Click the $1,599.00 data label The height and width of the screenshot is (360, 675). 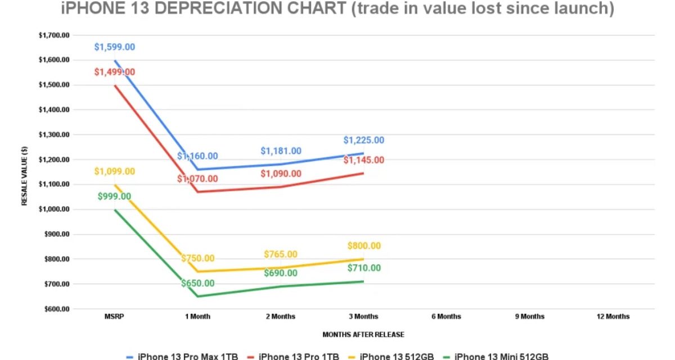point(114,47)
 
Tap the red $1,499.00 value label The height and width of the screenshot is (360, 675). point(114,72)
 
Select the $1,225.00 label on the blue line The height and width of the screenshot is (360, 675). point(363,141)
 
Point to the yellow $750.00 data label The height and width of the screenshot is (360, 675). point(197,258)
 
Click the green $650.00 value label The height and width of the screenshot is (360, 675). point(197,283)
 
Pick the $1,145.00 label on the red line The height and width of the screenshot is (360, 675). point(363,160)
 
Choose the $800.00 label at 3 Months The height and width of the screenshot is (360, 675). point(363,246)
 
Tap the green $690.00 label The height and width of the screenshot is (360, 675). point(281,273)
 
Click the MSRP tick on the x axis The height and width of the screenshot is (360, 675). point(114,317)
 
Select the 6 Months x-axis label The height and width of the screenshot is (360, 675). point(446,317)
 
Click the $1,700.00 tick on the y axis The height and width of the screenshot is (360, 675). point(53,35)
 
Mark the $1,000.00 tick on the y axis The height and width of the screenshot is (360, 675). point(53,209)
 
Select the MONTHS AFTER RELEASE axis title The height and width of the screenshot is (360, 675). point(363,335)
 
